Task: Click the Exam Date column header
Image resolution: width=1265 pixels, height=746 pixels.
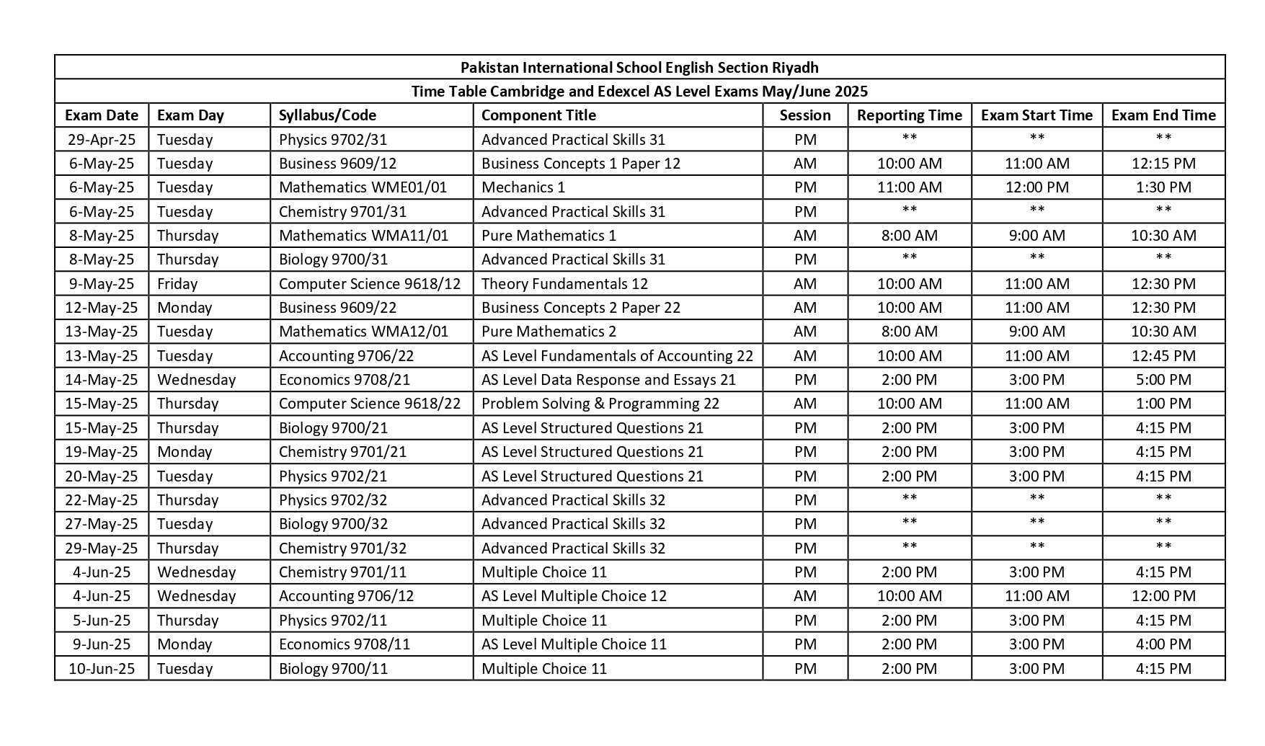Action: click(102, 115)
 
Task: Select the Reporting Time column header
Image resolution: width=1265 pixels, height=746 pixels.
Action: click(909, 115)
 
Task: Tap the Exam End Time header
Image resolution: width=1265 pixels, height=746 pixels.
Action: click(1163, 115)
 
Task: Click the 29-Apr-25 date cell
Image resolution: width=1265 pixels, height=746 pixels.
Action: click(102, 139)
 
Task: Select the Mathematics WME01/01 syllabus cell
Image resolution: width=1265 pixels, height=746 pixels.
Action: click(363, 187)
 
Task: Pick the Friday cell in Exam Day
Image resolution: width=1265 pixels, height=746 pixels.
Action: click(177, 284)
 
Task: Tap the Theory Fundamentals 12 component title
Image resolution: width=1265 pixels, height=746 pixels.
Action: click(564, 284)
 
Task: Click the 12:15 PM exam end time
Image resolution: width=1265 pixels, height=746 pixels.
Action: click(1163, 164)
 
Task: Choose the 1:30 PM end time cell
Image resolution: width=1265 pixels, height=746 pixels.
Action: click(1163, 187)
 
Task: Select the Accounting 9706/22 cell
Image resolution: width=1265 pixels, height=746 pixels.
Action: click(346, 356)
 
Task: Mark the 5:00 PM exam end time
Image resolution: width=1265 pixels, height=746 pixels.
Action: click(1163, 380)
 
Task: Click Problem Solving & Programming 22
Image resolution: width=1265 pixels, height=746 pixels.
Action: click(600, 404)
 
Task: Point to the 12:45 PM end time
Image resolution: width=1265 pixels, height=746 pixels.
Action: click(1163, 356)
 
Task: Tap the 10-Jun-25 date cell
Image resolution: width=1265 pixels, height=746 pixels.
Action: click(102, 669)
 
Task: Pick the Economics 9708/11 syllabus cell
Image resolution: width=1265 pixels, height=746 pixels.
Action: click(344, 644)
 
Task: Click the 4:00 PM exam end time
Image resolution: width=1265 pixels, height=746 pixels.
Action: click(1163, 644)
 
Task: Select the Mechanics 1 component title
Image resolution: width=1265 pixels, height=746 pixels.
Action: click(523, 187)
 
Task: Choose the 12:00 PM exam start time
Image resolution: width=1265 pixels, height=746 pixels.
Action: click(1037, 187)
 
